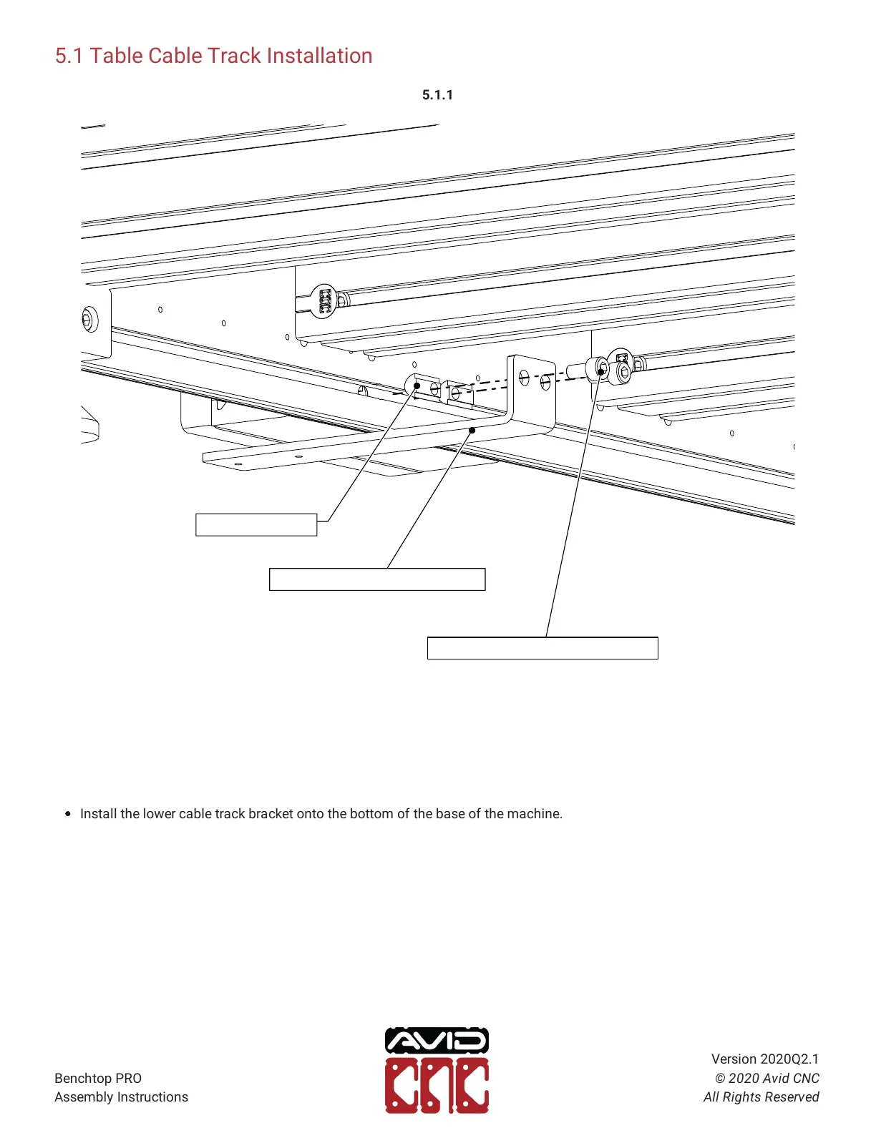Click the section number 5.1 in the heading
click(x=69, y=56)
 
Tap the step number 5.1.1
click(x=437, y=95)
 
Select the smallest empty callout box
click(x=256, y=525)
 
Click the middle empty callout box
click(x=377, y=579)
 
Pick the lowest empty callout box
click(x=542, y=648)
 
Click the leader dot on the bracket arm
click(x=472, y=430)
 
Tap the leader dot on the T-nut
click(x=417, y=386)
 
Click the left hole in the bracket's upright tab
click(x=525, y=376)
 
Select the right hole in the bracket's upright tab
click(x=545, y=381)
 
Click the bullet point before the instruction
click(x=68, y=814)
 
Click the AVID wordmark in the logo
click(x=437, y=1041)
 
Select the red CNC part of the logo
click(x=437, y=1086)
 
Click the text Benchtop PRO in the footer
click(x=98, y=1078)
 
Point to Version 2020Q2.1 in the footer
click(x=764, y=1059)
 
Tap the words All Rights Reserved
click(x=761, y=1097)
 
